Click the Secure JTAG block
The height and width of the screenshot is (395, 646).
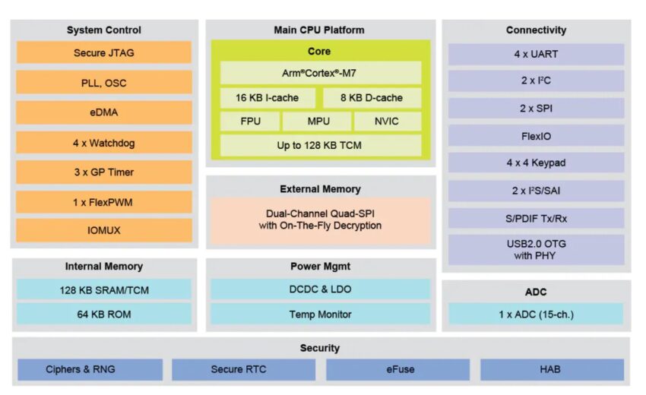pyautogui.click(x=103, y=53)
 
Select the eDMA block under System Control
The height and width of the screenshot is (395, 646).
pyautogui.click(x=103, y=112)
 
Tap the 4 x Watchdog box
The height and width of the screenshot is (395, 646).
pyautogui.click(x=103, y=143)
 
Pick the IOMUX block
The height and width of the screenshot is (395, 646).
pyautogui.click(x=103, y=230)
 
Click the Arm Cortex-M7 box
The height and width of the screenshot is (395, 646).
pyautogui.click(x=320, y=73)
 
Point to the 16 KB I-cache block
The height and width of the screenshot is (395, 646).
pyautogui.click(x=267, y=98)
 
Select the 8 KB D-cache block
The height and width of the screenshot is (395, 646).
pyautogui.click(x=372, y=98)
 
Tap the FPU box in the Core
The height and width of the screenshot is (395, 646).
pyautogui.click(x=250, y=122)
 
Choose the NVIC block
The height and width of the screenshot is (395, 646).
pyautogui.click(x=387, y=122)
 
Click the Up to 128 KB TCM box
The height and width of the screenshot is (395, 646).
pyautogui.click(x=320, y=145)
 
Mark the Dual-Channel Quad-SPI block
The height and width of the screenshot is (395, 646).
pyautogui.click(x=320, y=220)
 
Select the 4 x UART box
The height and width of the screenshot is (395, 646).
pyautogui.click(x=536, y=55)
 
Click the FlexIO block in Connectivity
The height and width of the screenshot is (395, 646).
pyautogui.click(x=536, y=136)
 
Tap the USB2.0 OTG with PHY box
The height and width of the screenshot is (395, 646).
pyautogui.click(x=536, y=250)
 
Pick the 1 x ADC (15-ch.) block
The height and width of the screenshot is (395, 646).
pyautogui.click(x=536, y=314)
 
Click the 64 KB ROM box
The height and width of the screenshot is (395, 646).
pyautogui.click(x=103, y=314)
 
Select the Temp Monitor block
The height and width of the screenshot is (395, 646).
pyautogui.click(x=320, y=314)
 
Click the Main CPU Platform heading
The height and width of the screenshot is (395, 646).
pyautogui.click(x=319, y=30)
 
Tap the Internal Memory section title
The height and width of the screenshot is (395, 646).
pyautogui.click(x=103, y=267)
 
